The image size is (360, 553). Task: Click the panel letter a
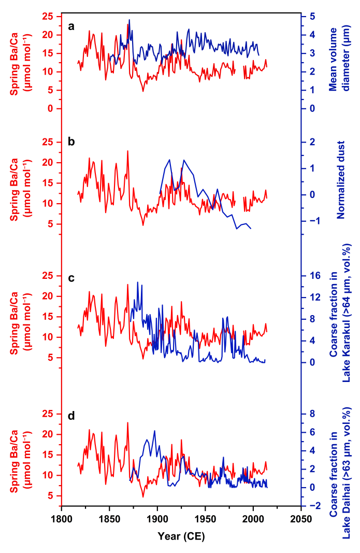(72, 27)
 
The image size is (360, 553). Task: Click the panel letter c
(72, 278)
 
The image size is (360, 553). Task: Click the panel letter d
(72, 416)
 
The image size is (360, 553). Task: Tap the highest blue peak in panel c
(137, 282)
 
